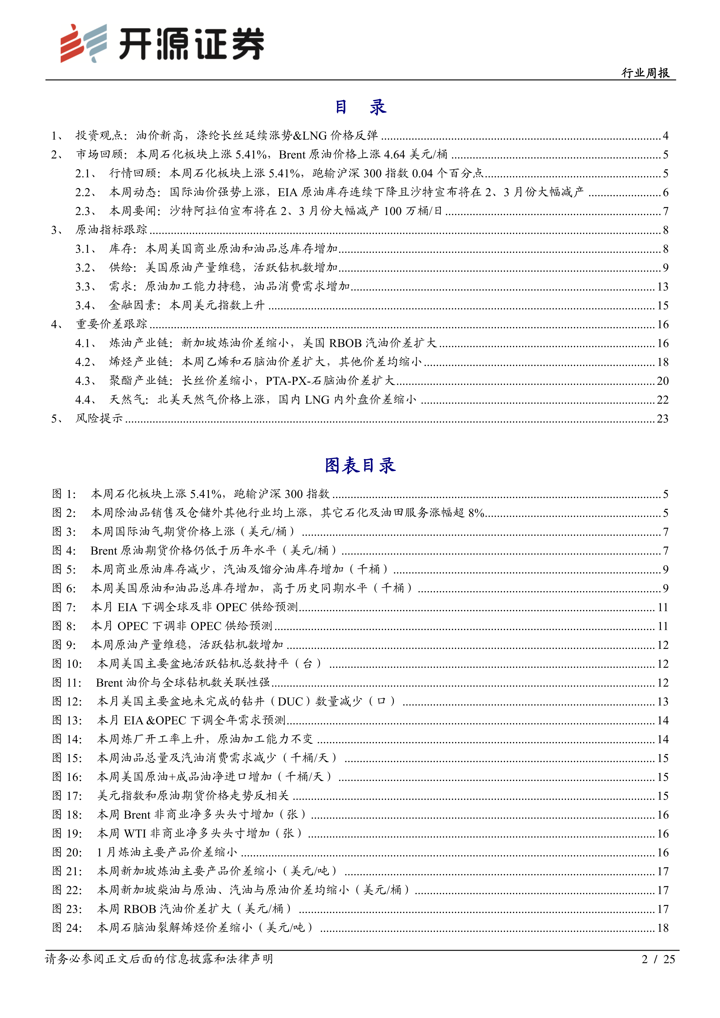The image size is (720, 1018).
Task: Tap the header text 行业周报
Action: click(645, 73)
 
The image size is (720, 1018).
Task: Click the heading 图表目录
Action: click(360, 465)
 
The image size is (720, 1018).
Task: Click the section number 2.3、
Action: click(86, 211)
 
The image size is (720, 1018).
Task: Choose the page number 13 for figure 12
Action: click(662, 701)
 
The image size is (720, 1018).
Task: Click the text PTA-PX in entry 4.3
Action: click(286, 381)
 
